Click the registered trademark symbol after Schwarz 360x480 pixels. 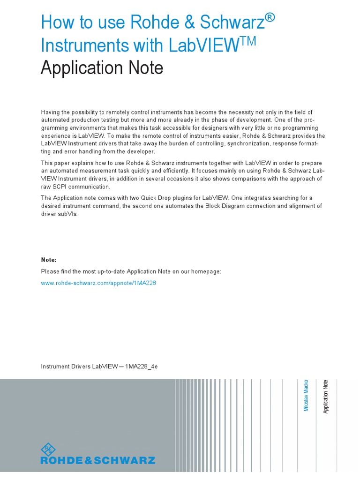(x=269, y=17)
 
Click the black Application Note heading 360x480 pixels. (x=102, y=68)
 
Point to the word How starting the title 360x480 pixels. (x=56, y=22)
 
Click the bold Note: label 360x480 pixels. (x=49, y=260)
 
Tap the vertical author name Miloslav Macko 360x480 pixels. (x=306, y=396)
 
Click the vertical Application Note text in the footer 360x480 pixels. (x=326, y=396)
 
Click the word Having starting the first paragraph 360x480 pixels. (x=51, y=112)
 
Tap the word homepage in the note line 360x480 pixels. (x=206, y=272)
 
